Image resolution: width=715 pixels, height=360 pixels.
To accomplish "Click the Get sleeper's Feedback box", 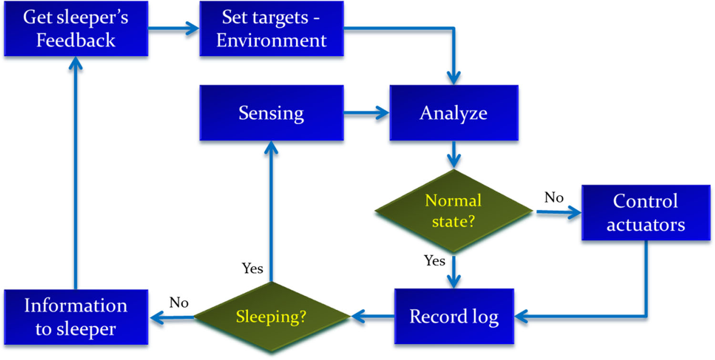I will coord(76,29).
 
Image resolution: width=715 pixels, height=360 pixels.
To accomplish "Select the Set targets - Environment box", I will coord(271,29).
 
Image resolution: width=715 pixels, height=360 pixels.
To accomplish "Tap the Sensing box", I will coord(271,113).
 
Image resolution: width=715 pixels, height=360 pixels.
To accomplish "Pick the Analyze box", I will coord(453,113).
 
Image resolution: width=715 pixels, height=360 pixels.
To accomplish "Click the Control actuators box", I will coord(645,212).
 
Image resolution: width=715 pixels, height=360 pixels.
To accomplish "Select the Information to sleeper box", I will coord(76,317).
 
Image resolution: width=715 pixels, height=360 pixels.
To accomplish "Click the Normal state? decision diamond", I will coord(453,211).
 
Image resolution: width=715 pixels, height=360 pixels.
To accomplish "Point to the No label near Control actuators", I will coord(554,198).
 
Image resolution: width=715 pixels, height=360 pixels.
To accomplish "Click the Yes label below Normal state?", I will coord(434,261).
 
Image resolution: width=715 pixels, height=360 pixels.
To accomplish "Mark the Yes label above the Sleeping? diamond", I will coord(252,269).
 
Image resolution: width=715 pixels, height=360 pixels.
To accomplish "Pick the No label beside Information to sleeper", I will coord(179,303).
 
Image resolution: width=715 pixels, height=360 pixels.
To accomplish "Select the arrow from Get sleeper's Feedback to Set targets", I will coord(174,29).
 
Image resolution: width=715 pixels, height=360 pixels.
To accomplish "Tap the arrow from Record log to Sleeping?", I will coord(373,316).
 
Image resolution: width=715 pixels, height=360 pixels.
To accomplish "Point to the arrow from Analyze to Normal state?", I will coord(454,155).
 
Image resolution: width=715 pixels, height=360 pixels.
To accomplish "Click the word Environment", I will coord(271,40).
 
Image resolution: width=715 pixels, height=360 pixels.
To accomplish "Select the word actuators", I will coord(645,224).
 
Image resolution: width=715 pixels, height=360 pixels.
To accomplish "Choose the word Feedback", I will coord(76,40).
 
